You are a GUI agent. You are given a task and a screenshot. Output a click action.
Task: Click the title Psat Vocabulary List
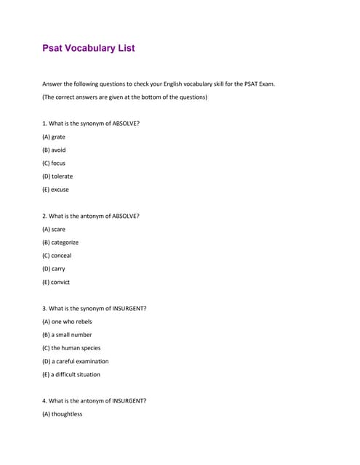pos(89,48)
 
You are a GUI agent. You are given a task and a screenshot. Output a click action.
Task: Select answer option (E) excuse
pos(56,190)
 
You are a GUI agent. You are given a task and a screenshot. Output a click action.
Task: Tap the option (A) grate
pos(54,137)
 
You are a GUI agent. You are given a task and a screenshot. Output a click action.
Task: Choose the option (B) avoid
pos(54,150)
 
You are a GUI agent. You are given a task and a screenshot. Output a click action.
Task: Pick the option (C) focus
pos(54,163)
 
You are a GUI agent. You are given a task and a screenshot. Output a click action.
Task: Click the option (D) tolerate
pos(57,177)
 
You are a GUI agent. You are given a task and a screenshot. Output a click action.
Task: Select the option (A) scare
pos(54,229)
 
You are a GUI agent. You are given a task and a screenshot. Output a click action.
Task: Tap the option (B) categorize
pos(60,242)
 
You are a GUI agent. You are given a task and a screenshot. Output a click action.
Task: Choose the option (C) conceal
pos(57,256)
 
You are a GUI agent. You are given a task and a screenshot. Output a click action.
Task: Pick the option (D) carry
pos(54,269)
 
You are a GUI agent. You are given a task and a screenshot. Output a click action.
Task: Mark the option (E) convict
pos(56,282)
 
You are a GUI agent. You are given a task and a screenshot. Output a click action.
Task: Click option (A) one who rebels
pos(67,321)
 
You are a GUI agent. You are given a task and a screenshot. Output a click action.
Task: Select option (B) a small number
pos(67,335)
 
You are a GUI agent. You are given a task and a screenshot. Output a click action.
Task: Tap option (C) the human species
pos(71,348)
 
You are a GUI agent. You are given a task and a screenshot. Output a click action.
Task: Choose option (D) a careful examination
pos(76,361)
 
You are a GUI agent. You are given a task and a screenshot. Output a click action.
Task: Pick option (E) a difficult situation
pos(71,375)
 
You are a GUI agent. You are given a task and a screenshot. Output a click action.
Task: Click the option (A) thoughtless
pos(63,414)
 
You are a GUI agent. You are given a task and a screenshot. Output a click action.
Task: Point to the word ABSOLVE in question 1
pos(124,124)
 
